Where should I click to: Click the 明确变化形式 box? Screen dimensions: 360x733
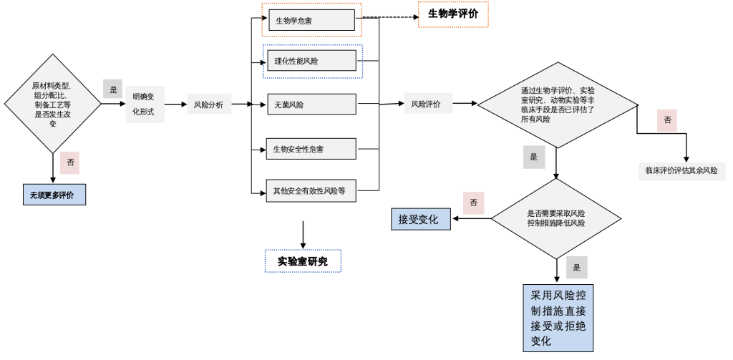point(145,104)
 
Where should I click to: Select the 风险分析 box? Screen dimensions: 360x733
point(208,104)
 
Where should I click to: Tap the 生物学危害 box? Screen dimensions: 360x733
point(311,21)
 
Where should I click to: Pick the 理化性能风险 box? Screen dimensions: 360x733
point(311,61)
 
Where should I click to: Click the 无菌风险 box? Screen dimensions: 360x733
point(311,104)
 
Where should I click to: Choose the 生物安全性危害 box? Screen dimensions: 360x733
point(311,149)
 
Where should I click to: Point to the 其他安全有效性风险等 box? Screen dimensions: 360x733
point(311,190)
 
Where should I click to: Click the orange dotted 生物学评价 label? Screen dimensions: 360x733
point(453,14)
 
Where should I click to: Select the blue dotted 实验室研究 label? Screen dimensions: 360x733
point(303,261)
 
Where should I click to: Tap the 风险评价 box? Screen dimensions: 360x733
point(426,104)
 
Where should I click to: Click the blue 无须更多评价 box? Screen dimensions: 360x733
point(54,194)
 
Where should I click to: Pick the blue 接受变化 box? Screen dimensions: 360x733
point(420,219)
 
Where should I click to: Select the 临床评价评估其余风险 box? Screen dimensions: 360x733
point(681,170)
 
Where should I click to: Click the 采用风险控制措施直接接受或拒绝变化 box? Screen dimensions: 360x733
point(558,318)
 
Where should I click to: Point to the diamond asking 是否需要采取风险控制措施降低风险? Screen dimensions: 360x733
point(556,218)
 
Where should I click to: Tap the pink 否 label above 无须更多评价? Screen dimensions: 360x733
point(70,162)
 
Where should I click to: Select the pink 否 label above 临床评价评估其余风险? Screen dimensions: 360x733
point(667,120)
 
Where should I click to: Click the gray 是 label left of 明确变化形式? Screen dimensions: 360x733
point(113,89)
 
